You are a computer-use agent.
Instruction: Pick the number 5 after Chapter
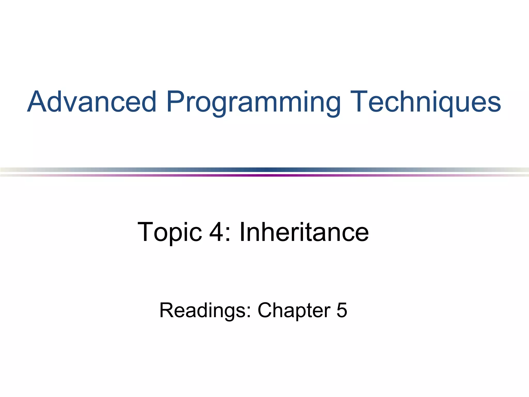pos(342,310)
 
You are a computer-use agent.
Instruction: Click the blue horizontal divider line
pos(264,170)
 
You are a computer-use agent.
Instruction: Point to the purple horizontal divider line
pos(264,175)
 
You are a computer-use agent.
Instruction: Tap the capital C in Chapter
pos(266,310)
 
